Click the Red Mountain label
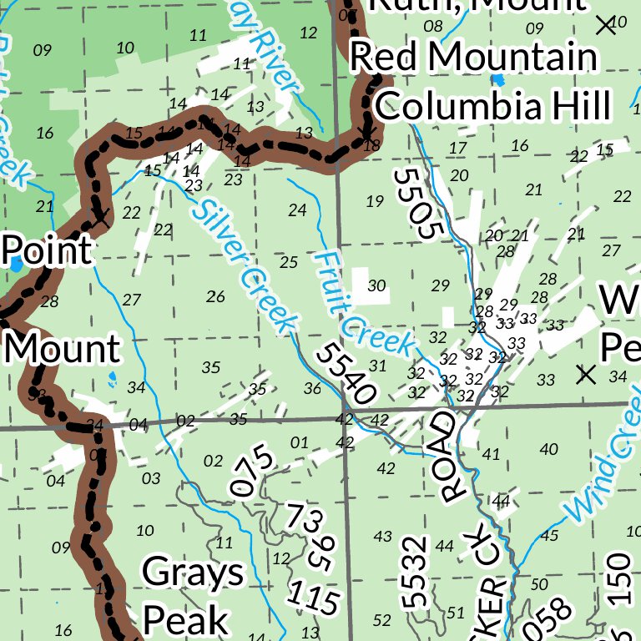click(x=474, y=58)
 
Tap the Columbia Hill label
click(x=492, y=106)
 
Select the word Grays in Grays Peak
click(x=193, y=573)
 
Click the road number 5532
click(x=415, y=572)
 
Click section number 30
click(x=376, y=286)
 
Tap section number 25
click(x=289, y=262)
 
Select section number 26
click(x=215, y=295)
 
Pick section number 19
click(x=375, y=200)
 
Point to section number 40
click(x=548, y=449)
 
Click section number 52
click(x=382, y=619)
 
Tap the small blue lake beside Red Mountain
click(x=498, y=80)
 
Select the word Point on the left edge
click(x=47, y=250)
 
